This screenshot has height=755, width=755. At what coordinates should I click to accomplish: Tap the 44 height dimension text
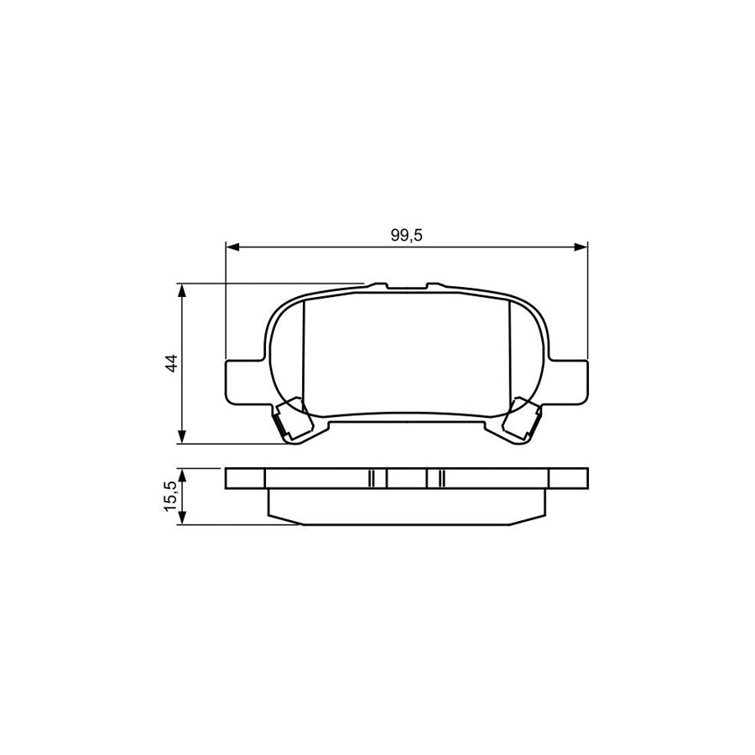click(171, 363)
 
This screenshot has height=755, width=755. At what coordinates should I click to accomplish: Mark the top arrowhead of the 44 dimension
click(182, 289)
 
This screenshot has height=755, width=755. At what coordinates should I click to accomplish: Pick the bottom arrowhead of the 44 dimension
click(182, 438)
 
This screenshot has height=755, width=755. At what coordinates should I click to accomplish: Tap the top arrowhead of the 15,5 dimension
click(182, 474)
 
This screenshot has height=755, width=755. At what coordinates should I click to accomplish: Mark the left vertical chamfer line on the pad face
click(302, 352)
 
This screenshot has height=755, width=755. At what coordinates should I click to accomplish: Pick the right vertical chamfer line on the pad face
click(511, 352)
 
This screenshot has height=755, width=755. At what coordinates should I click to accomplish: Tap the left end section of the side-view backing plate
click(245, 477)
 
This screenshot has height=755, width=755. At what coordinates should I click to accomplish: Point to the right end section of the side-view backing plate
click(567, 477)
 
